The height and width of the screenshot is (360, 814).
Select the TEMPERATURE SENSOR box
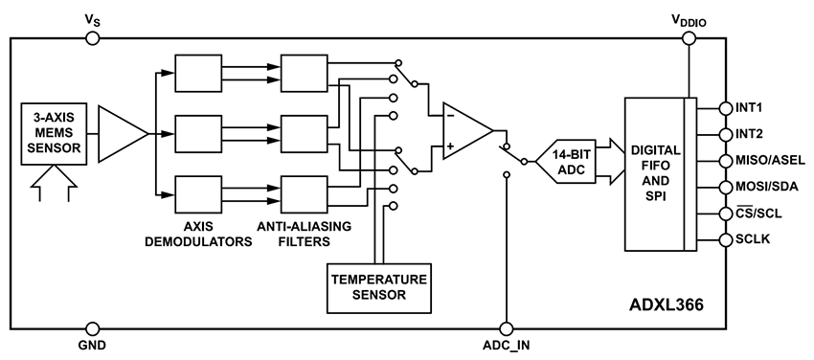[379, 288]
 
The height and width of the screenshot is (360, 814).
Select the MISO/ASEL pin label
[769, 160]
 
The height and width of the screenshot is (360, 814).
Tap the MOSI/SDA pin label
[767, 187]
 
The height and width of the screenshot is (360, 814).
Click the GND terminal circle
[92, 326]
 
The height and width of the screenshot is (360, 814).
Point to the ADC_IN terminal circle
[505, 326]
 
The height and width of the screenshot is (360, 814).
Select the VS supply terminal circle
[92, 37]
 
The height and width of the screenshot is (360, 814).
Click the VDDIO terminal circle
[689, 37]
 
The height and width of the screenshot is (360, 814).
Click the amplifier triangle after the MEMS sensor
[121, 131]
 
